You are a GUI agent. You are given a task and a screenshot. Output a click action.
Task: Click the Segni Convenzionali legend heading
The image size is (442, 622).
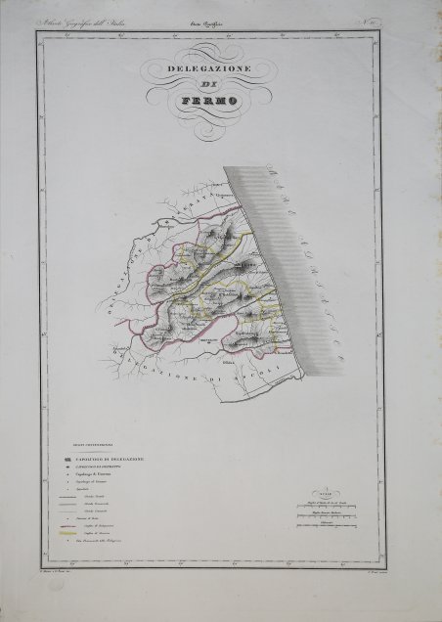click(96, 449)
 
